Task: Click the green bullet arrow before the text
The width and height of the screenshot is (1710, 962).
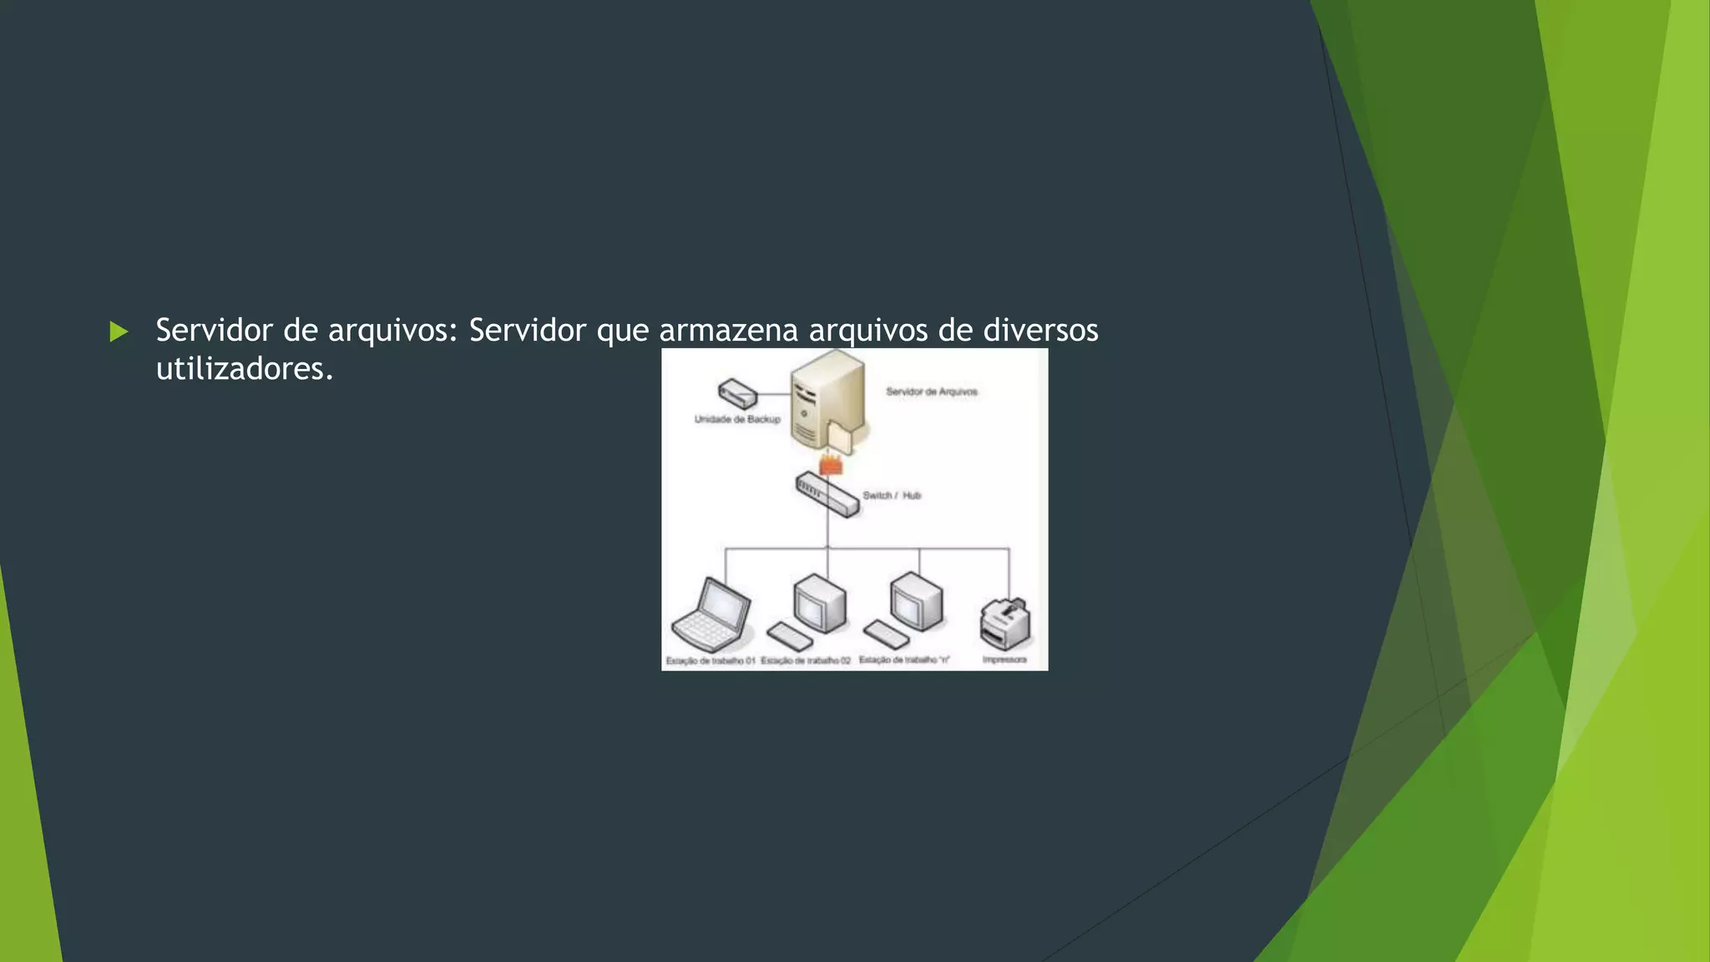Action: click(119, 332)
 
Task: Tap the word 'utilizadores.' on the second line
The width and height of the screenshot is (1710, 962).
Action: click(245, 369)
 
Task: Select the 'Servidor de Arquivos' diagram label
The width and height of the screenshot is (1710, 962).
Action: click(931, 392)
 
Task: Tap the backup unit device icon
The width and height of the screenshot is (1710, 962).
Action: click(737, 393)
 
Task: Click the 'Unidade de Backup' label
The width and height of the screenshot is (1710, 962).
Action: click(737, 419)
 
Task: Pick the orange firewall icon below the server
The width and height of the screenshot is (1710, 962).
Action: click(831, 463)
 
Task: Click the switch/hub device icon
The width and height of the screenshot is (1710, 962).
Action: click(827, 494)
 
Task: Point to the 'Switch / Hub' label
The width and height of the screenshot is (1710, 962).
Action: click(891, 496)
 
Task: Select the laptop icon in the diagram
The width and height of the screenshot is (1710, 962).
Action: click(711, 615)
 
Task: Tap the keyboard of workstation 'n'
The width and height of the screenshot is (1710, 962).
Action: click(886, 635)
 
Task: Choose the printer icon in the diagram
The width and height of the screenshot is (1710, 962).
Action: click(1005, 624)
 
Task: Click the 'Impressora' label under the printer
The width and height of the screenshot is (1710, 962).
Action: click(1004, 660)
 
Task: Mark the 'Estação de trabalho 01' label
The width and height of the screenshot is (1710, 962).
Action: click(711, 661)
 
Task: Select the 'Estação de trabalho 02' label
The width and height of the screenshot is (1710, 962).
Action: click(806, 661)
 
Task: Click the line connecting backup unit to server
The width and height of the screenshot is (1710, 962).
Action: click(774, 394)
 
